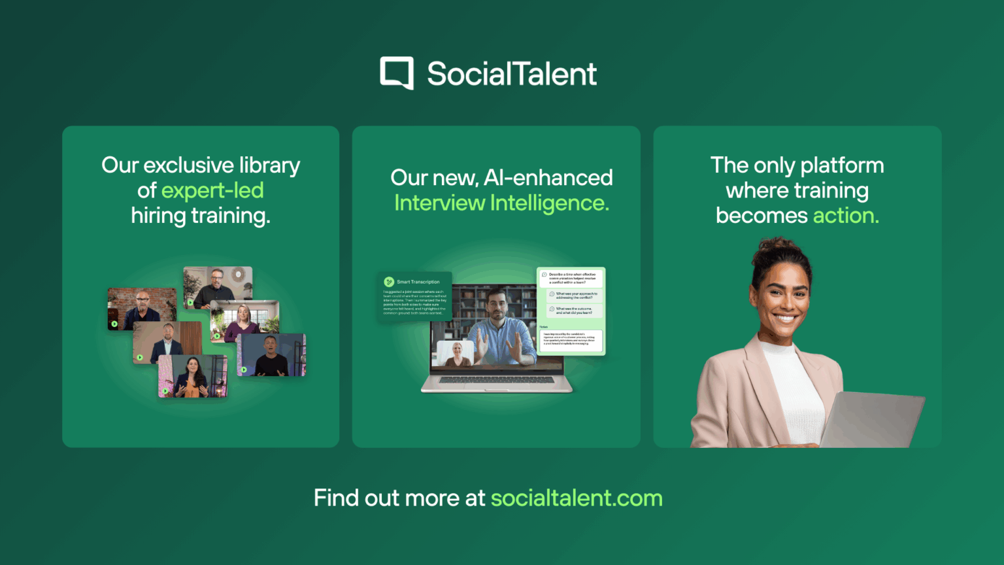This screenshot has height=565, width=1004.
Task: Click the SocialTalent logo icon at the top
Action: pyautogui.click(x=397, y=73)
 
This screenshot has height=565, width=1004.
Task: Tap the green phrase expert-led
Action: pyautogui.click(x=212, y=190)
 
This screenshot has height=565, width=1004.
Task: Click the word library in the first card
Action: pyautogui.click(x=269, y=165)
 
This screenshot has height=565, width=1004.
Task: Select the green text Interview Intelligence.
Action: pyautogui.click(x=501, y=203)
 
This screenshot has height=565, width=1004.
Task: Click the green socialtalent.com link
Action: pyautogui.click(x=577, y=498)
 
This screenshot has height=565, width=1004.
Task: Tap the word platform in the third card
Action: pyautogui.click(x=842, y=165)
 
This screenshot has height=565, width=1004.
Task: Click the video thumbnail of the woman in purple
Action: pyautogui.click(x=245, y=320)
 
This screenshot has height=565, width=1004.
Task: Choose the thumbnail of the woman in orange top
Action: pyautogui.click(x=192, y=377)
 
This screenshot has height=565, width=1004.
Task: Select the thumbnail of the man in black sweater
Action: pyautogui.click(x=271, y=355)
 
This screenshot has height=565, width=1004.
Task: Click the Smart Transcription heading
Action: pyautogui.click(x=418, y=282)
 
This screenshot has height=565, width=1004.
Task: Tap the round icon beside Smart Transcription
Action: pyautogui.click(x=389, y=282)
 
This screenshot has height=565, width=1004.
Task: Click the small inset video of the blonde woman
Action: pyautogui.click(x=454, y=353)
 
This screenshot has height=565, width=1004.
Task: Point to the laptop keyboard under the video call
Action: pyautogui.click(x=497, y=380)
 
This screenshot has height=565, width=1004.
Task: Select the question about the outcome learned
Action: pyautogui.click(x=574, y=311)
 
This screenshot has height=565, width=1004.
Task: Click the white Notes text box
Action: pyautogui.click(x=571, y=340)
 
